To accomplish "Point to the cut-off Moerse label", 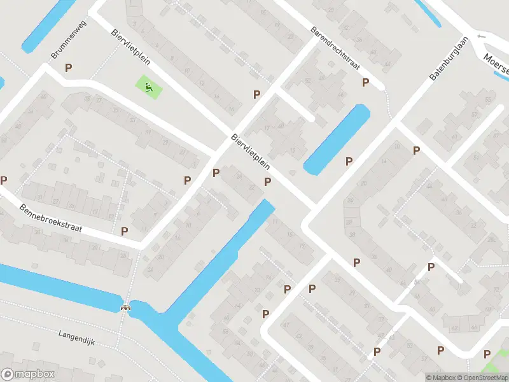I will point(496,60).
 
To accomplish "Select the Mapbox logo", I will point(28,374).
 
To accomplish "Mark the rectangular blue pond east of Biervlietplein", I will point(337,139).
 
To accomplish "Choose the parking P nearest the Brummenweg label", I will point(69,67).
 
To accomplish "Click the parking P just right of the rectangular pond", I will point(349,162).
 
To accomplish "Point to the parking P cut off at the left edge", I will point(3,181).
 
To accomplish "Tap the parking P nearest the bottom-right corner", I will point(487,354).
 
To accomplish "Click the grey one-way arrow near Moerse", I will point(481,37).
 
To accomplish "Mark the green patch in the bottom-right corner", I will point(494,368).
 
